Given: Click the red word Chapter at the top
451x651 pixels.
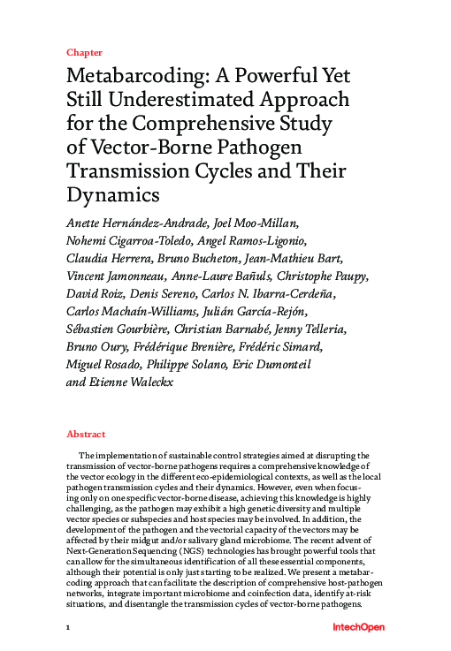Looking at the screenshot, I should [x=84, y=52].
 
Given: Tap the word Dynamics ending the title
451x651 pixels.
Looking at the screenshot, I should [x=113, y=193].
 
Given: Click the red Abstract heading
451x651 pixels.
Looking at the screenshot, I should [x=86, y=435].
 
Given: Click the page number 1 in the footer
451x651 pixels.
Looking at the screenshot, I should [x=68, y=627].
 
